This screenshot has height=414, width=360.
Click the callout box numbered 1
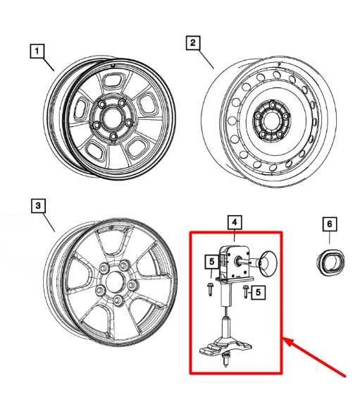click(x=37, y=51)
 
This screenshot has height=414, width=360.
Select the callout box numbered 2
click(x=193, y=43)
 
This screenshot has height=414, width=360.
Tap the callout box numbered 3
click(x=38, y=206)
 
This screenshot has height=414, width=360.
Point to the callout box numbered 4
click(x=235, y=223)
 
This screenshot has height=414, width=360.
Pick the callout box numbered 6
click(x=330, y=224)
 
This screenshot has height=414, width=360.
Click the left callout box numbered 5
click(x=212, y=262)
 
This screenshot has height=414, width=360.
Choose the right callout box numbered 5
click(x=258, y=292)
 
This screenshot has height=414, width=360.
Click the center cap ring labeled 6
click(x=330, y=262)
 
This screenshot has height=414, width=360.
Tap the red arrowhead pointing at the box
click(x=290, y=342)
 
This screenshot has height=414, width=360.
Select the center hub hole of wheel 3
click(x=114, y=282)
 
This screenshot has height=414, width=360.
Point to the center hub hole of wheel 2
click(x=271, y=121)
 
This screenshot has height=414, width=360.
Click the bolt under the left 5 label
click(x=210, y=289)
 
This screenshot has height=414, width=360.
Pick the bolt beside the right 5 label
click(x=246, y=292)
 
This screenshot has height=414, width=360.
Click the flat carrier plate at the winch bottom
click(x=225, y=347)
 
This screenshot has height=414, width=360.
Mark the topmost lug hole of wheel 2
click(x=272, y=105)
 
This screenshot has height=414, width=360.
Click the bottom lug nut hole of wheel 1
click(x=113, y=137)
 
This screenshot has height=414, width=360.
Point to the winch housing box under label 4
click(x=234, y=262)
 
